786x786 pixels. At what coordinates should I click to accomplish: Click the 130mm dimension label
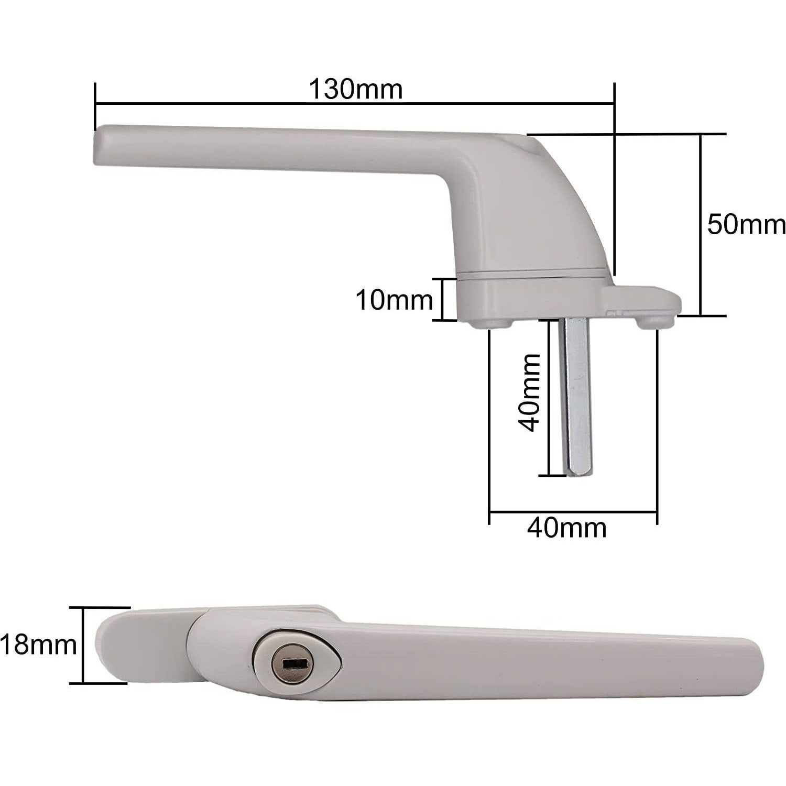click(x=355, y=89)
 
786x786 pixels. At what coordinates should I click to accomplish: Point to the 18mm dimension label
click(x=38, y=645)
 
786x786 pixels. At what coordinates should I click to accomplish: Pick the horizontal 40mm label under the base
click(x=566, y=528)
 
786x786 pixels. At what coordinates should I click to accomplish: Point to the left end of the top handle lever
click(x=100, y=145)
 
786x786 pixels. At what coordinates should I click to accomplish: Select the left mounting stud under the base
click(x=488, y=324)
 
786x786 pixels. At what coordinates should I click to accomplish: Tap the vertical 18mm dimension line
click(x=83, y=645)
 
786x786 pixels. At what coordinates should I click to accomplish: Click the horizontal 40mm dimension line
click(x=572, y=511)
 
